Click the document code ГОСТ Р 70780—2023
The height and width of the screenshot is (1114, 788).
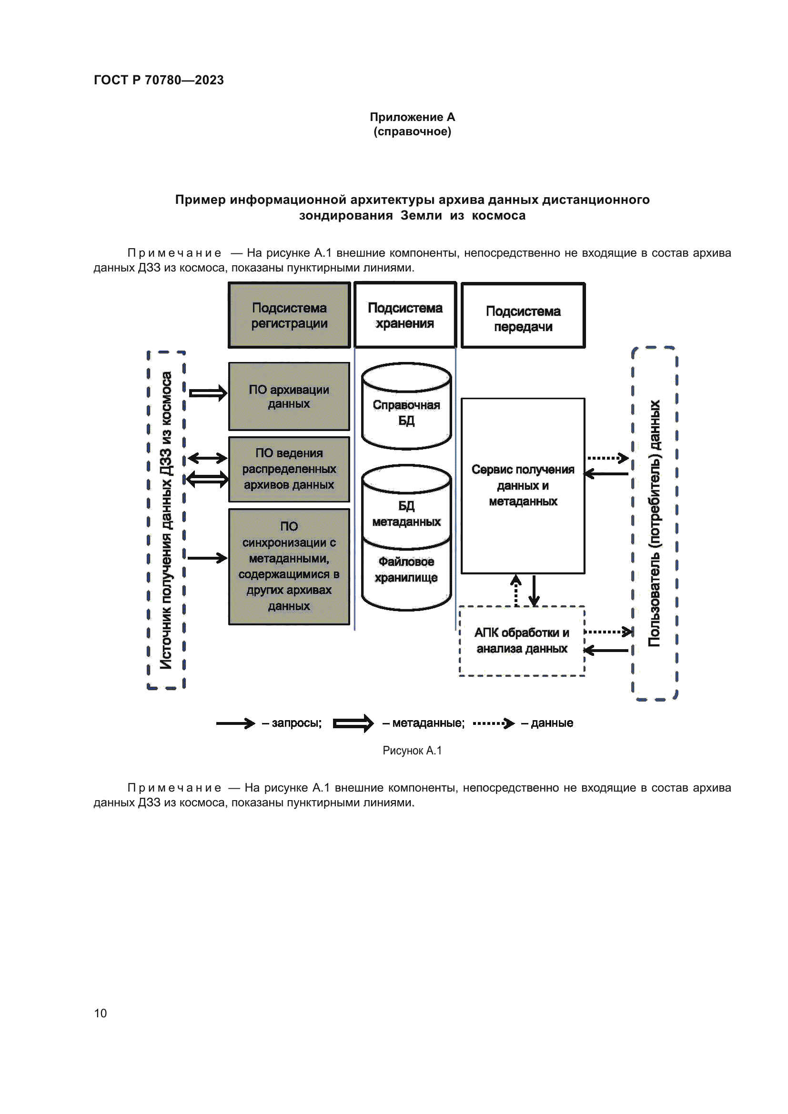(x=159, y=80)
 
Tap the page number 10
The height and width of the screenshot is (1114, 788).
(x=101, y=1013)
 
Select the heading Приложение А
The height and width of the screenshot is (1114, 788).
(x=412, y=117)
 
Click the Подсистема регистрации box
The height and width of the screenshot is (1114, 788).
(x=289, y=315)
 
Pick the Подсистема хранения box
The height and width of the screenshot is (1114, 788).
(x=405, y=315)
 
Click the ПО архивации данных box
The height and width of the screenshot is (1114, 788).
(x=289, y=396)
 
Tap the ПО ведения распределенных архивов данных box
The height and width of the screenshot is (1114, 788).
(x=289, y=469)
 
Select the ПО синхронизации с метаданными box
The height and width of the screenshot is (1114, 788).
(x=289, y=566)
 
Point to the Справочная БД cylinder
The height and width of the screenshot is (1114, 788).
(x=406, y=412)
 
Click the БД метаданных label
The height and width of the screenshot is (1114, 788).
(x=406, y=514)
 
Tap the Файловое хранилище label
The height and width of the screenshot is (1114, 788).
(x=406, y=570)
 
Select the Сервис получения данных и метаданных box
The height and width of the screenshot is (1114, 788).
(x=523, y=485)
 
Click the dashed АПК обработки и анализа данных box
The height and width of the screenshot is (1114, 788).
(x=522, y=641)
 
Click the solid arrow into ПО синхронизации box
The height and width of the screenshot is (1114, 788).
(x=207, y=558)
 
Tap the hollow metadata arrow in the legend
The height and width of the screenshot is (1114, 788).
(x=353, y=723)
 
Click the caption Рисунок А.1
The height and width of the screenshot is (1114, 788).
(x=412, y=751)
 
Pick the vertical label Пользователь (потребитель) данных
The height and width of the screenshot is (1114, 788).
(x=655, y=523)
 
